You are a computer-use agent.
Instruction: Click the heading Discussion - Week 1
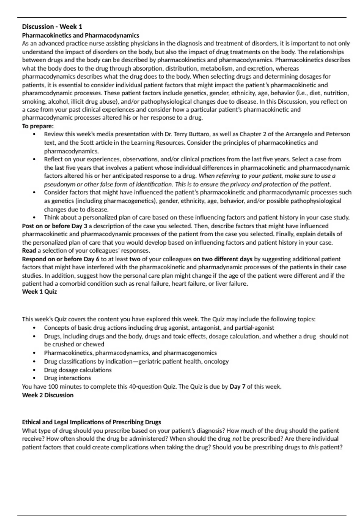click(x=52, y=27)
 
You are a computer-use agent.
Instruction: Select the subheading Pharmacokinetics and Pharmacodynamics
click(x=80, y=35)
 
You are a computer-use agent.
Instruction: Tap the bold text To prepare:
click(x=38, y=126)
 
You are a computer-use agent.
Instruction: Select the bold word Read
click(x=29, y=251)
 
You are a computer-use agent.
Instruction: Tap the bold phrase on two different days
click(x=223, y=259)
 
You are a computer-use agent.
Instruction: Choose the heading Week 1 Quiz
click(x=39, y=292)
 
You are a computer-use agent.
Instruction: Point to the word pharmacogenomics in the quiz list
click(x=190, y=353)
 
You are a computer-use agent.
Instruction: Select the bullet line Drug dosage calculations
click(x=78, y=370)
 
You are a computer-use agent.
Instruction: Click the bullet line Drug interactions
click(x=67, y=378)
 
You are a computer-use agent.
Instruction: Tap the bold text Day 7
click(x=238, y=387)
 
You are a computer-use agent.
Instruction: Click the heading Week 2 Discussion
click(x=48, y=395)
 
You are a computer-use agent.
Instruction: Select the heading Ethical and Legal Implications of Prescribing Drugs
click(x=91, y=422)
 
